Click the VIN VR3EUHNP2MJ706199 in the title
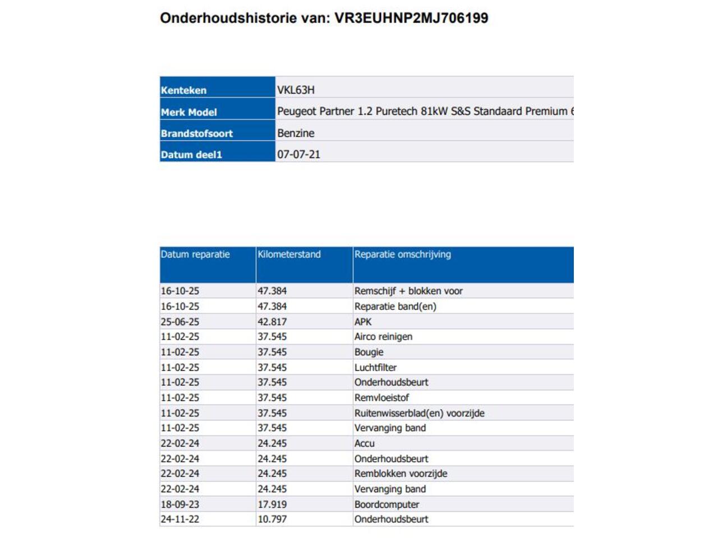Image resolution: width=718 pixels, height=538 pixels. pos(411,18)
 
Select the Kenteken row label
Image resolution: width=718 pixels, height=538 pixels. pos(183,90)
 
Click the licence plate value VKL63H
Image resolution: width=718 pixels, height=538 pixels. pos(296,90)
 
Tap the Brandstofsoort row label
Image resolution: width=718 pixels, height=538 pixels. pos(196,133)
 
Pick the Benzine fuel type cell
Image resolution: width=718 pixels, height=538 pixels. pos(296,133)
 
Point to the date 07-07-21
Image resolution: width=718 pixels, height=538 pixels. pos(298,155)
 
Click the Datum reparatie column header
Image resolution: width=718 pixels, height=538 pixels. pos(195,254)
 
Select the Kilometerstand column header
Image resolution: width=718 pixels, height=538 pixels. pos(289,254)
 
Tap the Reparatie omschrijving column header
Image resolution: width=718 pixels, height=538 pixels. pos(402,254)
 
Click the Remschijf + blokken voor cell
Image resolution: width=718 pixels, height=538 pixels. pos(408,291)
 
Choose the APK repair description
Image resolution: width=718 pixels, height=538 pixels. pos(363,322)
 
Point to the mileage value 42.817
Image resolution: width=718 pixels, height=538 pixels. pos(272,322)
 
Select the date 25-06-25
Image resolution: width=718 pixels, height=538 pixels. pos(179,322)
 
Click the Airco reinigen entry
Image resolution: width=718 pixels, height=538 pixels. pos(383,337)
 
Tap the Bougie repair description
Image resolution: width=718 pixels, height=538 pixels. pos(369,352)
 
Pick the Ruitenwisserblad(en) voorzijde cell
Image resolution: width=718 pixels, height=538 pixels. pos(419,413)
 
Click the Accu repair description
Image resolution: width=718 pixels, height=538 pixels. pos(364,443)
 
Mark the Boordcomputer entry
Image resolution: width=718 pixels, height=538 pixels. pos(386,504)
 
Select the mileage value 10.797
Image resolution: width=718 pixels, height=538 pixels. pos(272,520)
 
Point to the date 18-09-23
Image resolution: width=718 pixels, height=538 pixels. pos(179,504)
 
